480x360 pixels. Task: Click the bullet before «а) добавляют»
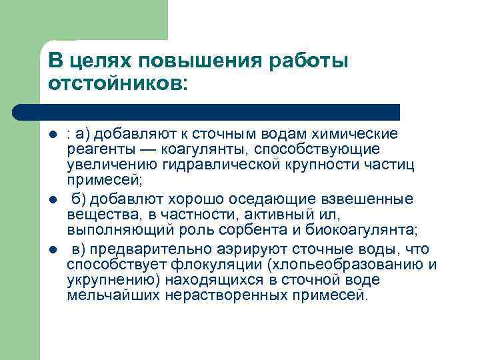pyautogui.click(x=53, y=134)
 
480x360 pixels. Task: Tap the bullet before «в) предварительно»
pyautogui.click(x=53, y=249)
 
